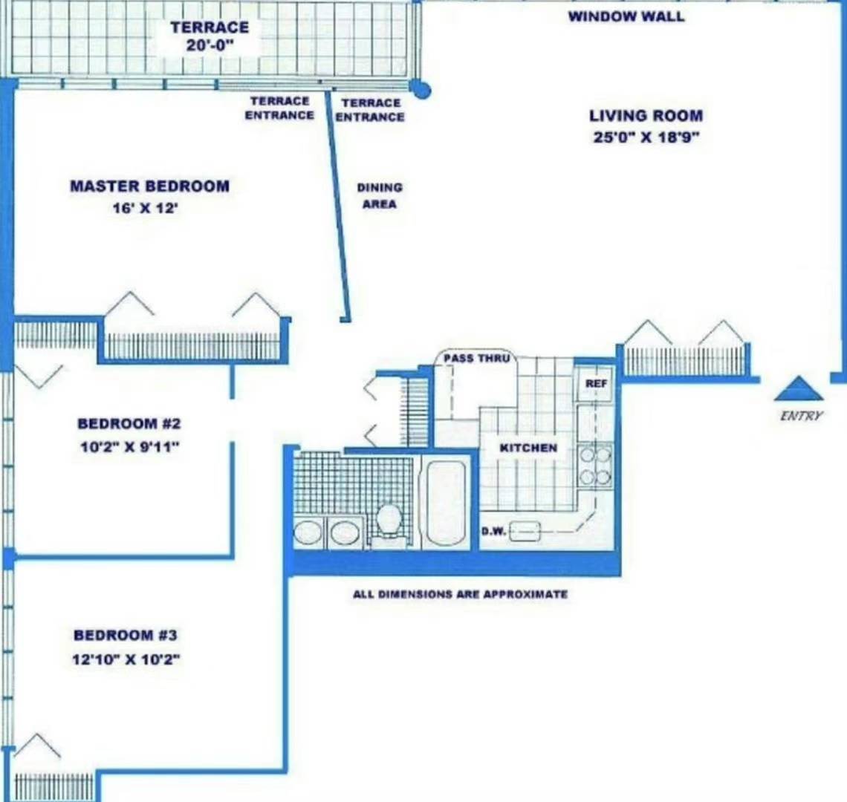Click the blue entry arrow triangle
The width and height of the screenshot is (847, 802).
tap(799, 390)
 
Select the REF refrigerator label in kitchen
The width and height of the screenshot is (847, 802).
tap(597, 383)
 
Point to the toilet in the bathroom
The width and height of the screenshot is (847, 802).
tap(389, 522)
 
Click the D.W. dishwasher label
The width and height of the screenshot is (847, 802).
tap(493, 532)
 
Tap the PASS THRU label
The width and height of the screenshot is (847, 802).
tap(476, 358)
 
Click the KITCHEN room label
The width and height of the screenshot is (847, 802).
tap(528, 448)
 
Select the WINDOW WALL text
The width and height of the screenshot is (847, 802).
tap(626, 16)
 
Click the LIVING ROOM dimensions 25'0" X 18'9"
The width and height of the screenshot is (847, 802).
tap(646, 137)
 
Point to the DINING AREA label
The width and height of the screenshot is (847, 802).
tap(379, 195)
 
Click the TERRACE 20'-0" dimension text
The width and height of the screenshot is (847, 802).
tap(210, 45)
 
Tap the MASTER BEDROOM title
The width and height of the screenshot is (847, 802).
tap(149, 186)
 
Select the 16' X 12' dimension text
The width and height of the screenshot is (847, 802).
tap(146, 208)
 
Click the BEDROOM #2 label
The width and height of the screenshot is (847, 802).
tap(129, 423)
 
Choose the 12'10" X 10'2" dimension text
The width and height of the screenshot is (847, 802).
tap(126, 659)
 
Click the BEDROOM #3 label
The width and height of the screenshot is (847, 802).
tap(126, 635)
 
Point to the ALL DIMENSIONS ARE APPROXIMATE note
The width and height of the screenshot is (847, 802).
tap(460, 594)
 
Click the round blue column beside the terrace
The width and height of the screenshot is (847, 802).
tap(419, 89)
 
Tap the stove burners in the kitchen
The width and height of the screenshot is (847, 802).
tap(594, 466)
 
